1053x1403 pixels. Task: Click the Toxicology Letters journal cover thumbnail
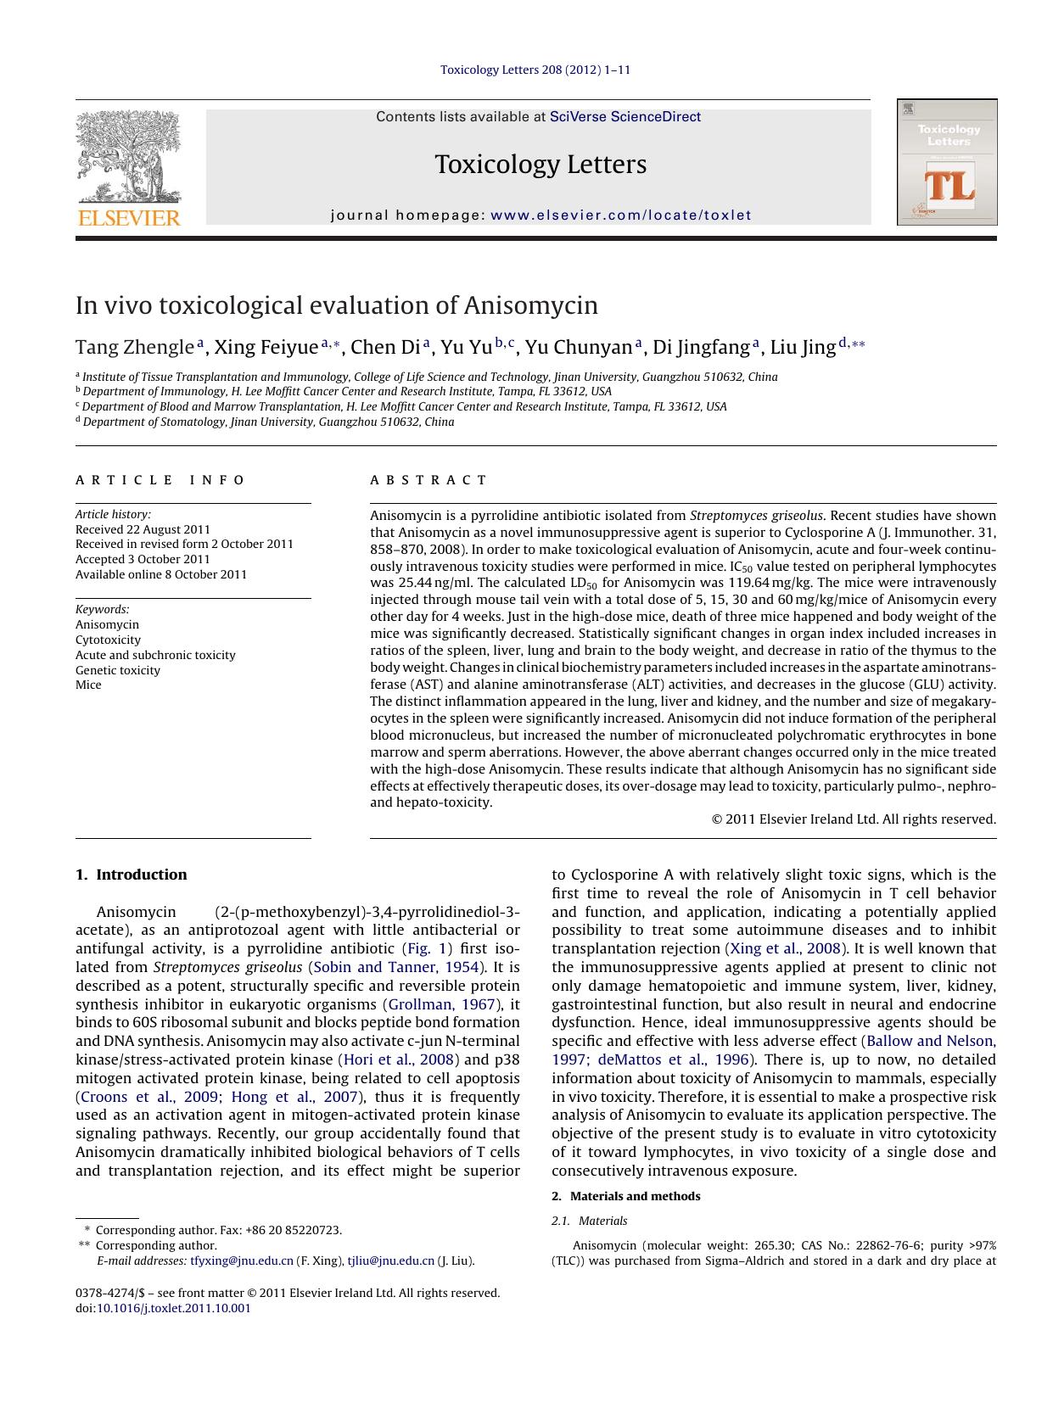tap(947, 162)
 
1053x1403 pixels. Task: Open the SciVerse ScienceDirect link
tap(625, 117)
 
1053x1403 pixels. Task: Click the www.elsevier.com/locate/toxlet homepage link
tap(621, 215)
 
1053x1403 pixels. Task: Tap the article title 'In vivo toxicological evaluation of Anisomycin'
tap(337, 305)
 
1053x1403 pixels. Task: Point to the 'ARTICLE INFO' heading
tap(160, 480)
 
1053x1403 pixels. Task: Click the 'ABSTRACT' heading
tap(428, 480)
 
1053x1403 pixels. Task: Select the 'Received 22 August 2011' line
tap(143, 529)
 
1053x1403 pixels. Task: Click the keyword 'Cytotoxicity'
tap(108, 640)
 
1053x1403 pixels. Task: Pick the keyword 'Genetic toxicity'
tap(117, 670)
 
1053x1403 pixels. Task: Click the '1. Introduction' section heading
tap(132, 875)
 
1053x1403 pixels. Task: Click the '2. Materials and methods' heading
tap(626, 1196)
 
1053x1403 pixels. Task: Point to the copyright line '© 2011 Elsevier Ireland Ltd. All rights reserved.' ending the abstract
tap(853, 819)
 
